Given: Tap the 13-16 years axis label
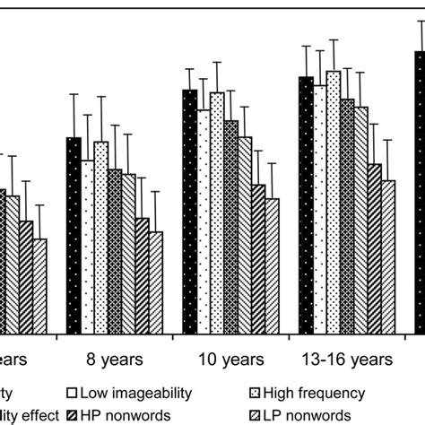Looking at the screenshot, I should [x=347, y=361].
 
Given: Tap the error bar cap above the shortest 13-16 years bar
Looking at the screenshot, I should [x=388, y=141].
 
